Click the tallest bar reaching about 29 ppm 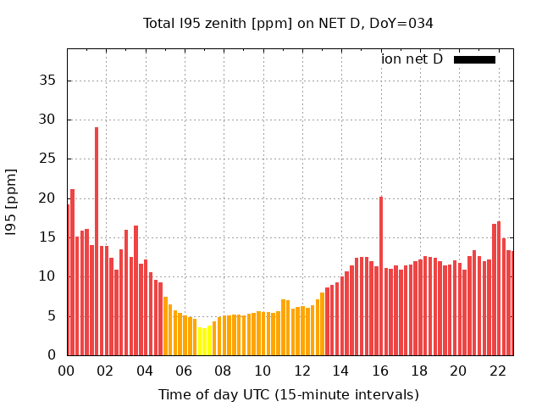coord(97,242)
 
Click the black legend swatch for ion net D coord(474,59)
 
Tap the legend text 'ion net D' coord(412,59)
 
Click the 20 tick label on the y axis coord(50,198)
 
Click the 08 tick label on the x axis coord(224,371)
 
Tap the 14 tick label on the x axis coord(341,371)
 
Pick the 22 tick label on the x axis coord(498,371)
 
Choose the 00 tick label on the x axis coord(67,371)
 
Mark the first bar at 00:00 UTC coord(68,280)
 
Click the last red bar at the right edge coord(512,303)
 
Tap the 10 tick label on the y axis coord(50,276)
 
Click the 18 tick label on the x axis coord(419,371)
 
